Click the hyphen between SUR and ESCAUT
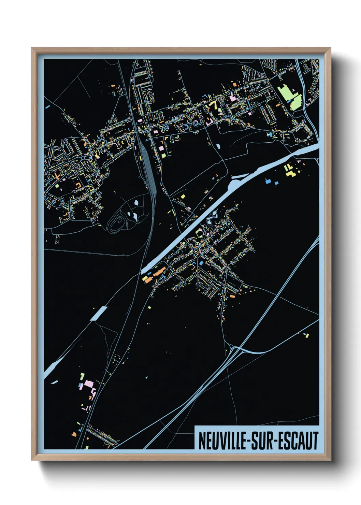pos(275,441)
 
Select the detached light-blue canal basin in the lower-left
pos(99,313)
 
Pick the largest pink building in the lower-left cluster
pos(89,384)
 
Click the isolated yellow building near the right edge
pos(307,335)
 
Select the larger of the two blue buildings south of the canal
pos(268,181)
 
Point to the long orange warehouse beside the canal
pos(159,272)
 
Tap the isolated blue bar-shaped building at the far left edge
pos(47,106)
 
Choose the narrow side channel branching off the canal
pos(240,176)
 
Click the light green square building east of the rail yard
pos(163,156)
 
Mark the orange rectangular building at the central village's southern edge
pos(232,296)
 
